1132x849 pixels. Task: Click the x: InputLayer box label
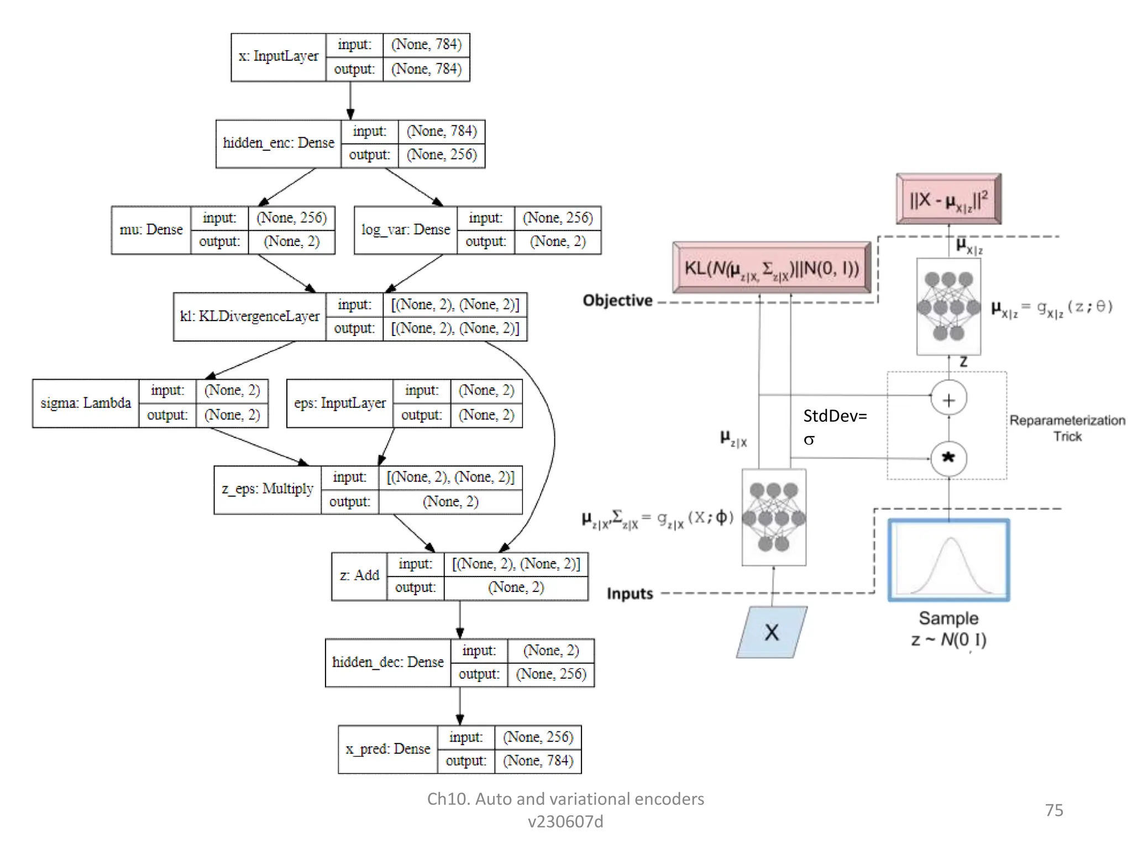279,57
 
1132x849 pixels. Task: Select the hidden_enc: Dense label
279,143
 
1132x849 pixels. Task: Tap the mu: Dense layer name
151,230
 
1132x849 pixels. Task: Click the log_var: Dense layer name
406,230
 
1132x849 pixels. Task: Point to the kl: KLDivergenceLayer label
250,316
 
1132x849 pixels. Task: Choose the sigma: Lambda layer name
86,403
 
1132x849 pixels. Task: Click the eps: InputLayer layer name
340,403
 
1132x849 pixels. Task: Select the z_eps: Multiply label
268,489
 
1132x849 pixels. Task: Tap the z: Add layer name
359,575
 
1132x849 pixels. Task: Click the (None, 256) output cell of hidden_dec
551,674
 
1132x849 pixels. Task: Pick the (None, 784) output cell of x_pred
538,761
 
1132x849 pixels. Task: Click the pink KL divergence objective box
772,268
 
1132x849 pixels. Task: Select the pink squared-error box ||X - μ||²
948,199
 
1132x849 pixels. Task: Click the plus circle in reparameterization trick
948,400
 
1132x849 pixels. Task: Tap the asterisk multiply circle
948,458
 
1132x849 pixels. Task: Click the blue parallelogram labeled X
772,632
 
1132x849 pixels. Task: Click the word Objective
617,301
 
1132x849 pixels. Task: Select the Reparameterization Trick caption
1067,428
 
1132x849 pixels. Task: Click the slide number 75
1054,810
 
